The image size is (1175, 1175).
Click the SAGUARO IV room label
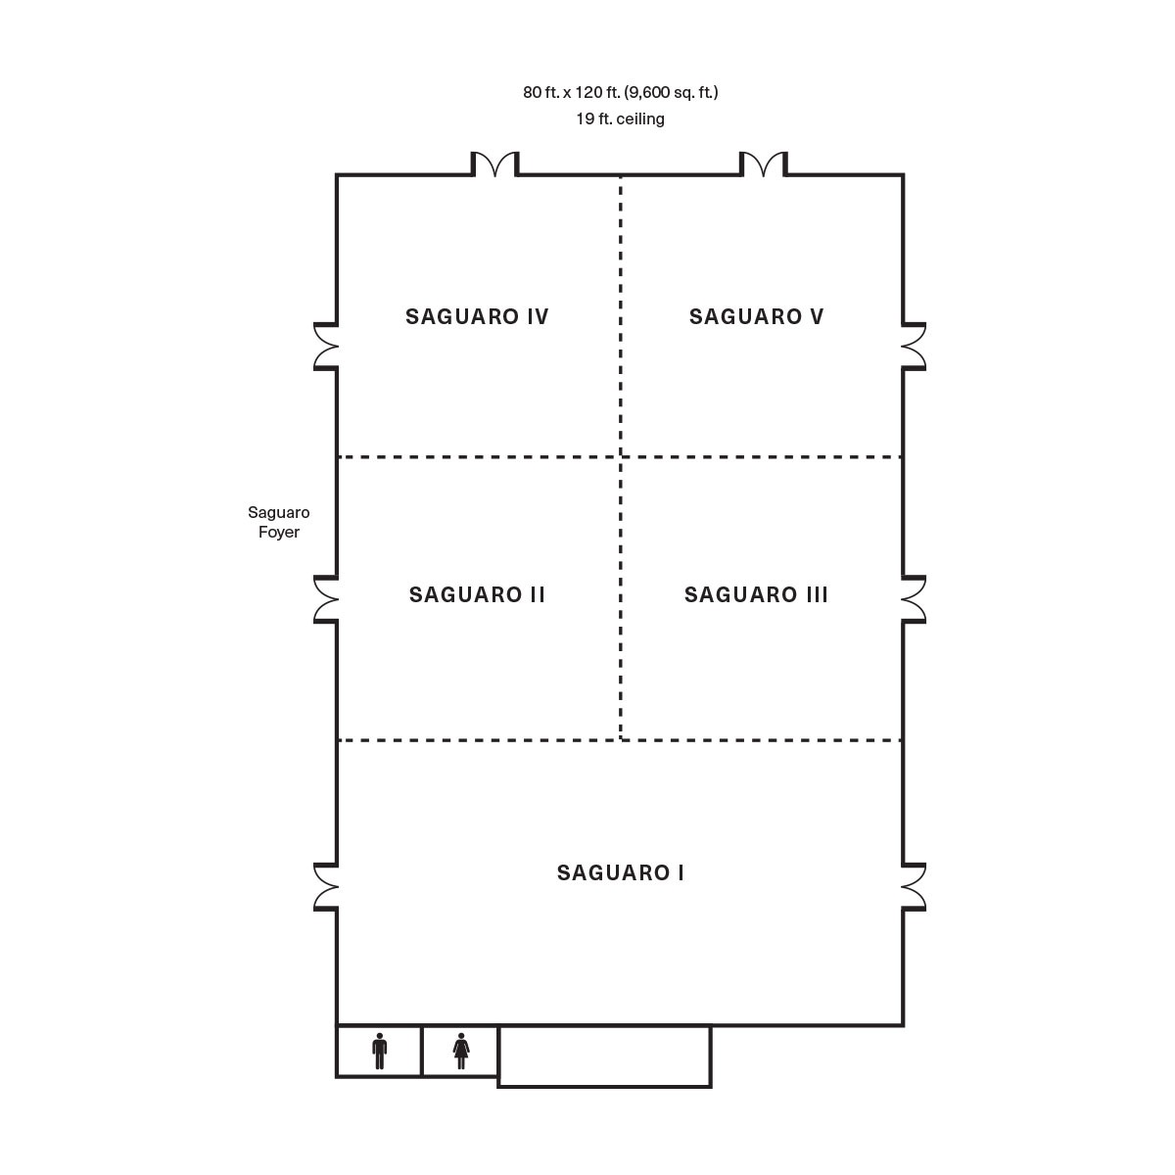pyautogui.click(x=477, y=316)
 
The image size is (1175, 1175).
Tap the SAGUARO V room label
pyautogui.click(x=756, y=316)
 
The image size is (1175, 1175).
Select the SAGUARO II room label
pyautogui.click(x=477, y=594)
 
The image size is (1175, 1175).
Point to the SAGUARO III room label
pyautogui.click(x=756, y=594)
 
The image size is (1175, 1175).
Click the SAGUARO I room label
pyautogui.click(x=620, y=872)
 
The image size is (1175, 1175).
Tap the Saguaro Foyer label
pyautogui.click(x=279, y=522)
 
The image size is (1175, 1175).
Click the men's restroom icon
pyautogui.click(x=379, y=1051)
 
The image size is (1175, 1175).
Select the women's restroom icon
pyautogui.click(x=461, y=1051)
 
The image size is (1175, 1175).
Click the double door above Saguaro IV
pyautogui.click(x=494, y=164)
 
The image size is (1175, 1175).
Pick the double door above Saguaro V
pyautogui.click(x=764, y=164)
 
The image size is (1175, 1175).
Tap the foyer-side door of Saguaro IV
pyautogui.click(x=326, y=347)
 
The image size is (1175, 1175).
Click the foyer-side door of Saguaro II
pyautogui.click(x=326, y=599)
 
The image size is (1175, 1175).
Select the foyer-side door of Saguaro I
pyautogui.click(x=326, y=887)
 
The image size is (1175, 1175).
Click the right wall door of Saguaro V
pyautogui.click(x=914, y=347)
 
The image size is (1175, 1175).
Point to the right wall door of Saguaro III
pyautogui.click(x=914, y=599)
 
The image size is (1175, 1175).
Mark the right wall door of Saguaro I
pyautogui.click(x=914, y=887)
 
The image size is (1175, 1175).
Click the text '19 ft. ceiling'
pyautogui.click(x=620, y=118)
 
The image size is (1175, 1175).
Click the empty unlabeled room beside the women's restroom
pyautogui.click(x=604, y=1056)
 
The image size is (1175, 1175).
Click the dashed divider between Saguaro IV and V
pyautogui.click(x=621, y=316)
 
